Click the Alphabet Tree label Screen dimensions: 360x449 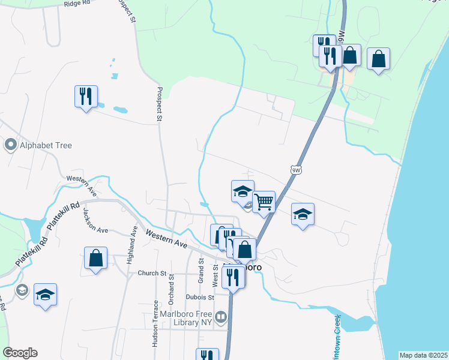tap(46, 145)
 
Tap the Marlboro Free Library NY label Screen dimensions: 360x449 tap(186, 318)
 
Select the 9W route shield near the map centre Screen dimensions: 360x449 tap(295, 170)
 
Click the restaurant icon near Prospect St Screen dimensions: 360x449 tap(86, 96)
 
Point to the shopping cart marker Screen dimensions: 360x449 tap(264, 202)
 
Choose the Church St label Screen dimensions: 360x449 tap(151, 274)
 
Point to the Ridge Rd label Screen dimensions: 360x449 tap(76, 4)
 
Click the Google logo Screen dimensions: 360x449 tap(20, 353)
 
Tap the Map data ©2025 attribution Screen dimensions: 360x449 tap(424, 355)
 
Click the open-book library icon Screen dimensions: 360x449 tap(221, 317)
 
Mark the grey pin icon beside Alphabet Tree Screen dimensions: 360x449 tap(10, 145)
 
